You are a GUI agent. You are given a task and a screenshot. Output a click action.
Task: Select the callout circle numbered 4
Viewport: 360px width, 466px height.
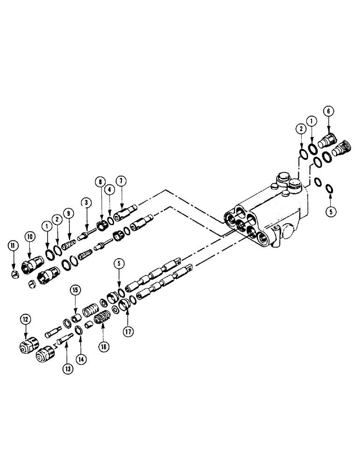(109, 189)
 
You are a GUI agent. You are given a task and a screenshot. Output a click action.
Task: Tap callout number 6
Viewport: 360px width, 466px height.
(328, 111)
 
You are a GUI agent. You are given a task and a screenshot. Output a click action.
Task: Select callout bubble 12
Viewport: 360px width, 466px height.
(24, 319)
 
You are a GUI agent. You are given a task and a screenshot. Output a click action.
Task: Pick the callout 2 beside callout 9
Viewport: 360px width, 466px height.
(57, 218)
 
